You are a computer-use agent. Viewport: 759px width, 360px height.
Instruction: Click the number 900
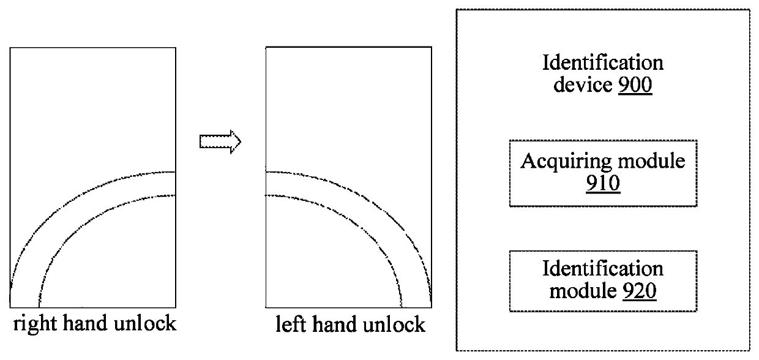pyautogui.click(x=635, y=84)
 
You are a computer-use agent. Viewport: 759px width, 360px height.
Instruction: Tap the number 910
pyautogui.click(x=602, y=184)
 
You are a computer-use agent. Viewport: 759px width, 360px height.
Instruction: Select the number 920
pyautogui.click(x=640, y=291)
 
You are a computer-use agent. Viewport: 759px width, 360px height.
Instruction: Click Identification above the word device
pyautogui.click(x=603, y=62)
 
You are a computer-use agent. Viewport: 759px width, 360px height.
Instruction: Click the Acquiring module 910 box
pyautogui.click(x=603, y=173)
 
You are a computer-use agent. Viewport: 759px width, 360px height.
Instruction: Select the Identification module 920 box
pyautogui.click(x=603, y=280)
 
